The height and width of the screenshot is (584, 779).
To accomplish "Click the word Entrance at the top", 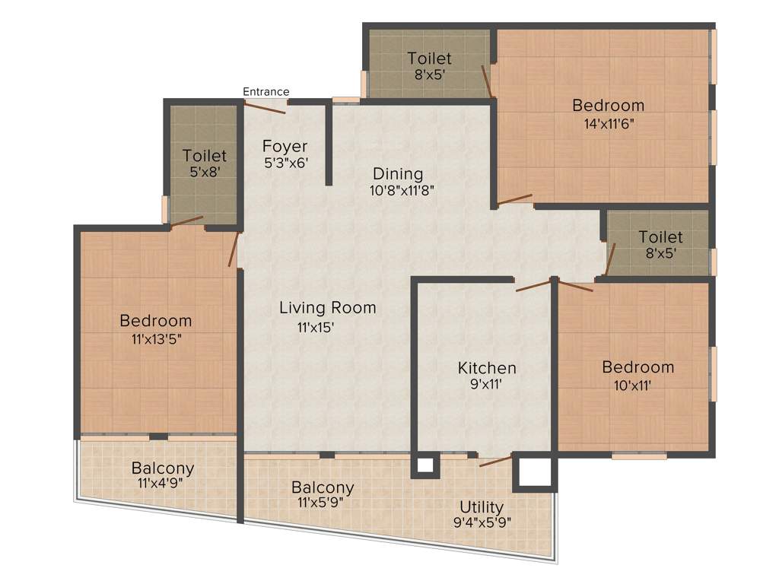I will point(265,92).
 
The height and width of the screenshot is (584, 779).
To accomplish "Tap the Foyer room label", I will point(285,146).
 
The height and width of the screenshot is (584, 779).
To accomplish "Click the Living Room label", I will point(327,308).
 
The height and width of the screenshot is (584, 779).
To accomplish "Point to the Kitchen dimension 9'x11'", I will point(486,385).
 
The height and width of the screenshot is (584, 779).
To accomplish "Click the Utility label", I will point(481,507).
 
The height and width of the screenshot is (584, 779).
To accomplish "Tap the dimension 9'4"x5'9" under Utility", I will point(481,522).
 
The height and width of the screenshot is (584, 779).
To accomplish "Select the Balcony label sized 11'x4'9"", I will point(162,468).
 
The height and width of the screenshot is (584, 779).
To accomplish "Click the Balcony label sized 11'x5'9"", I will point(323,487).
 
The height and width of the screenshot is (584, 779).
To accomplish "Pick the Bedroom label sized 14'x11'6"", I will point(608,106).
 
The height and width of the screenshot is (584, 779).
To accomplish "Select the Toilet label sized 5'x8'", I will point(204,156).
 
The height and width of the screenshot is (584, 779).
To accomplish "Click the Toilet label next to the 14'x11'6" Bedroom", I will point(429,59).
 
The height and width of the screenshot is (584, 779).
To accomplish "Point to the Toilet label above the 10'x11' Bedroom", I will point(660,237).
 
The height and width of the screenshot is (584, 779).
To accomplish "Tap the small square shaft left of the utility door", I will point(424,465).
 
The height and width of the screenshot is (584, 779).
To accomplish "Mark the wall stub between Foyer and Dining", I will point(329,144).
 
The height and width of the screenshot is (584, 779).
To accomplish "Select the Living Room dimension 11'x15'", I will point(316,327).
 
